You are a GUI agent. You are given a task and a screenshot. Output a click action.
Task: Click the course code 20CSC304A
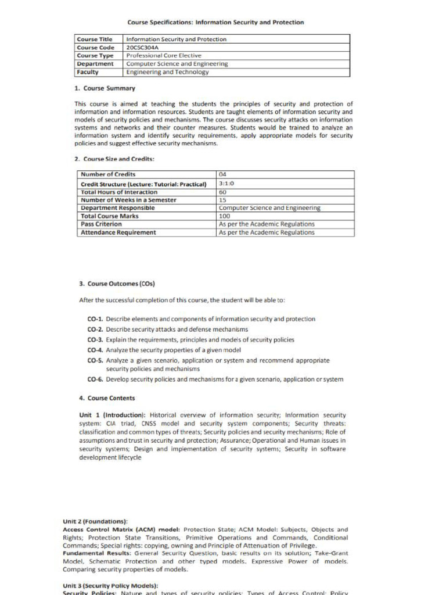(x=143, y=48)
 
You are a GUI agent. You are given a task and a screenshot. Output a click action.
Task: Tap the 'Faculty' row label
(x=88, y=73)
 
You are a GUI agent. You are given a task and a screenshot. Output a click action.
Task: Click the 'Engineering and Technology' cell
(x=167, y=73)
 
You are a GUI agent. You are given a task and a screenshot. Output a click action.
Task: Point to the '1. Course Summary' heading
(x=105, y=88)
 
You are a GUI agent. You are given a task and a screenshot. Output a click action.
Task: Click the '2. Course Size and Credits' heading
(x=114, y=159)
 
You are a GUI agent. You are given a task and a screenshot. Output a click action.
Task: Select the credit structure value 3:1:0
(x=226, y=184)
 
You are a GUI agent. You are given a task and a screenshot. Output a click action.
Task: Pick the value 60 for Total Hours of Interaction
(x=222, y=192)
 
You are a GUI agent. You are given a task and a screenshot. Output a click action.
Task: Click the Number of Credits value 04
(x=222, y=174)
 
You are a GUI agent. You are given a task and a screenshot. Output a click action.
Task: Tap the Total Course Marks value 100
(x=224, y=216)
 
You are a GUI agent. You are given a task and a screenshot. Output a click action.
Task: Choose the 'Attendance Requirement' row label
(x=118, y=232)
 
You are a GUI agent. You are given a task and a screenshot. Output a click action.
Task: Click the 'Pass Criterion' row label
(x=101, y=224)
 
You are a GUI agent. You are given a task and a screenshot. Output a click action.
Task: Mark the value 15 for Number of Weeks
(x=222, y=200)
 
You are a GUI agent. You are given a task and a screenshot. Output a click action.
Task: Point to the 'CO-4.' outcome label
(x=95, y=350)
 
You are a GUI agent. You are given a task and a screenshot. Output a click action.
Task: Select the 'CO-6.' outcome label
(x=95, y=379)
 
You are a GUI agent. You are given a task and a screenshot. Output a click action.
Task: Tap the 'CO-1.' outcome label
(x=95, y=319)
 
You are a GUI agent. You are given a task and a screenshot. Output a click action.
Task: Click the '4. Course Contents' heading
(x=107, y=398)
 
